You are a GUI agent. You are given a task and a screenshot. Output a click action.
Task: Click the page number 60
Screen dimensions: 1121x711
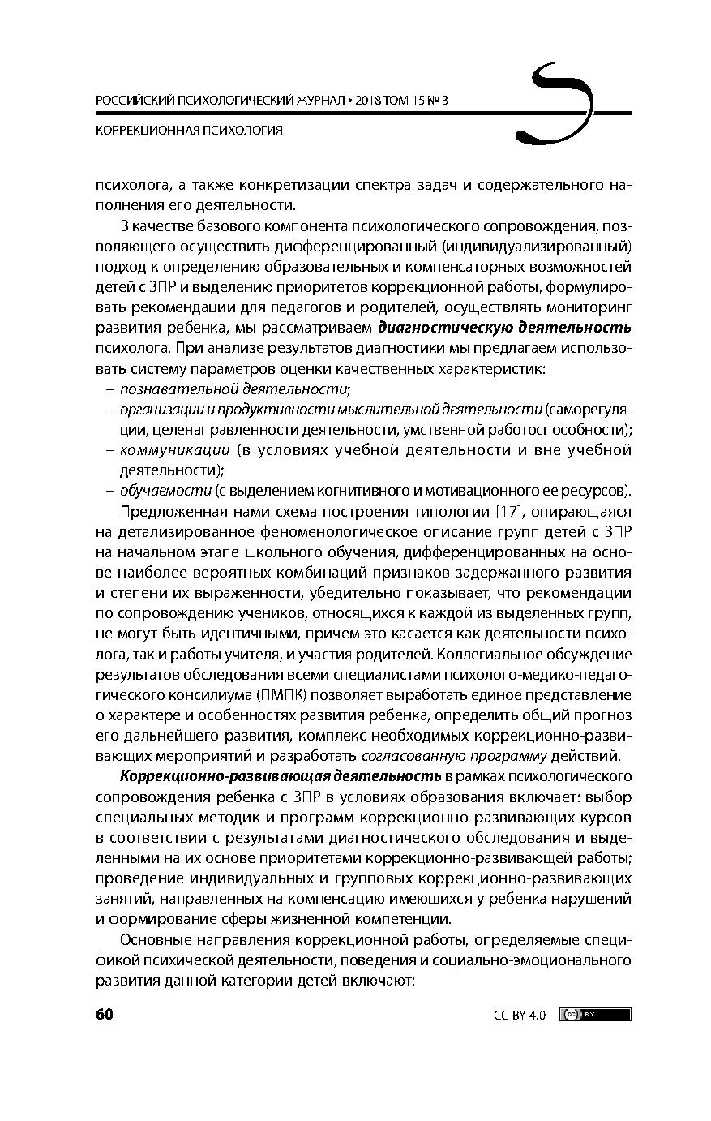[104, 1014]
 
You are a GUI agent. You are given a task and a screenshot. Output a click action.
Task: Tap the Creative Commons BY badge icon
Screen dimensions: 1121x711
[594, 1014]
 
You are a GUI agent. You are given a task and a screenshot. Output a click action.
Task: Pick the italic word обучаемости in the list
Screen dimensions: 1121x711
[165, 490]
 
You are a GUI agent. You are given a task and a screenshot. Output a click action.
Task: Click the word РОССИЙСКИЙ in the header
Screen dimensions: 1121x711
[132, 101]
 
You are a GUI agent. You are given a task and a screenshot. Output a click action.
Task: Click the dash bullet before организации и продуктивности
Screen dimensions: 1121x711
[109, 410]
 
